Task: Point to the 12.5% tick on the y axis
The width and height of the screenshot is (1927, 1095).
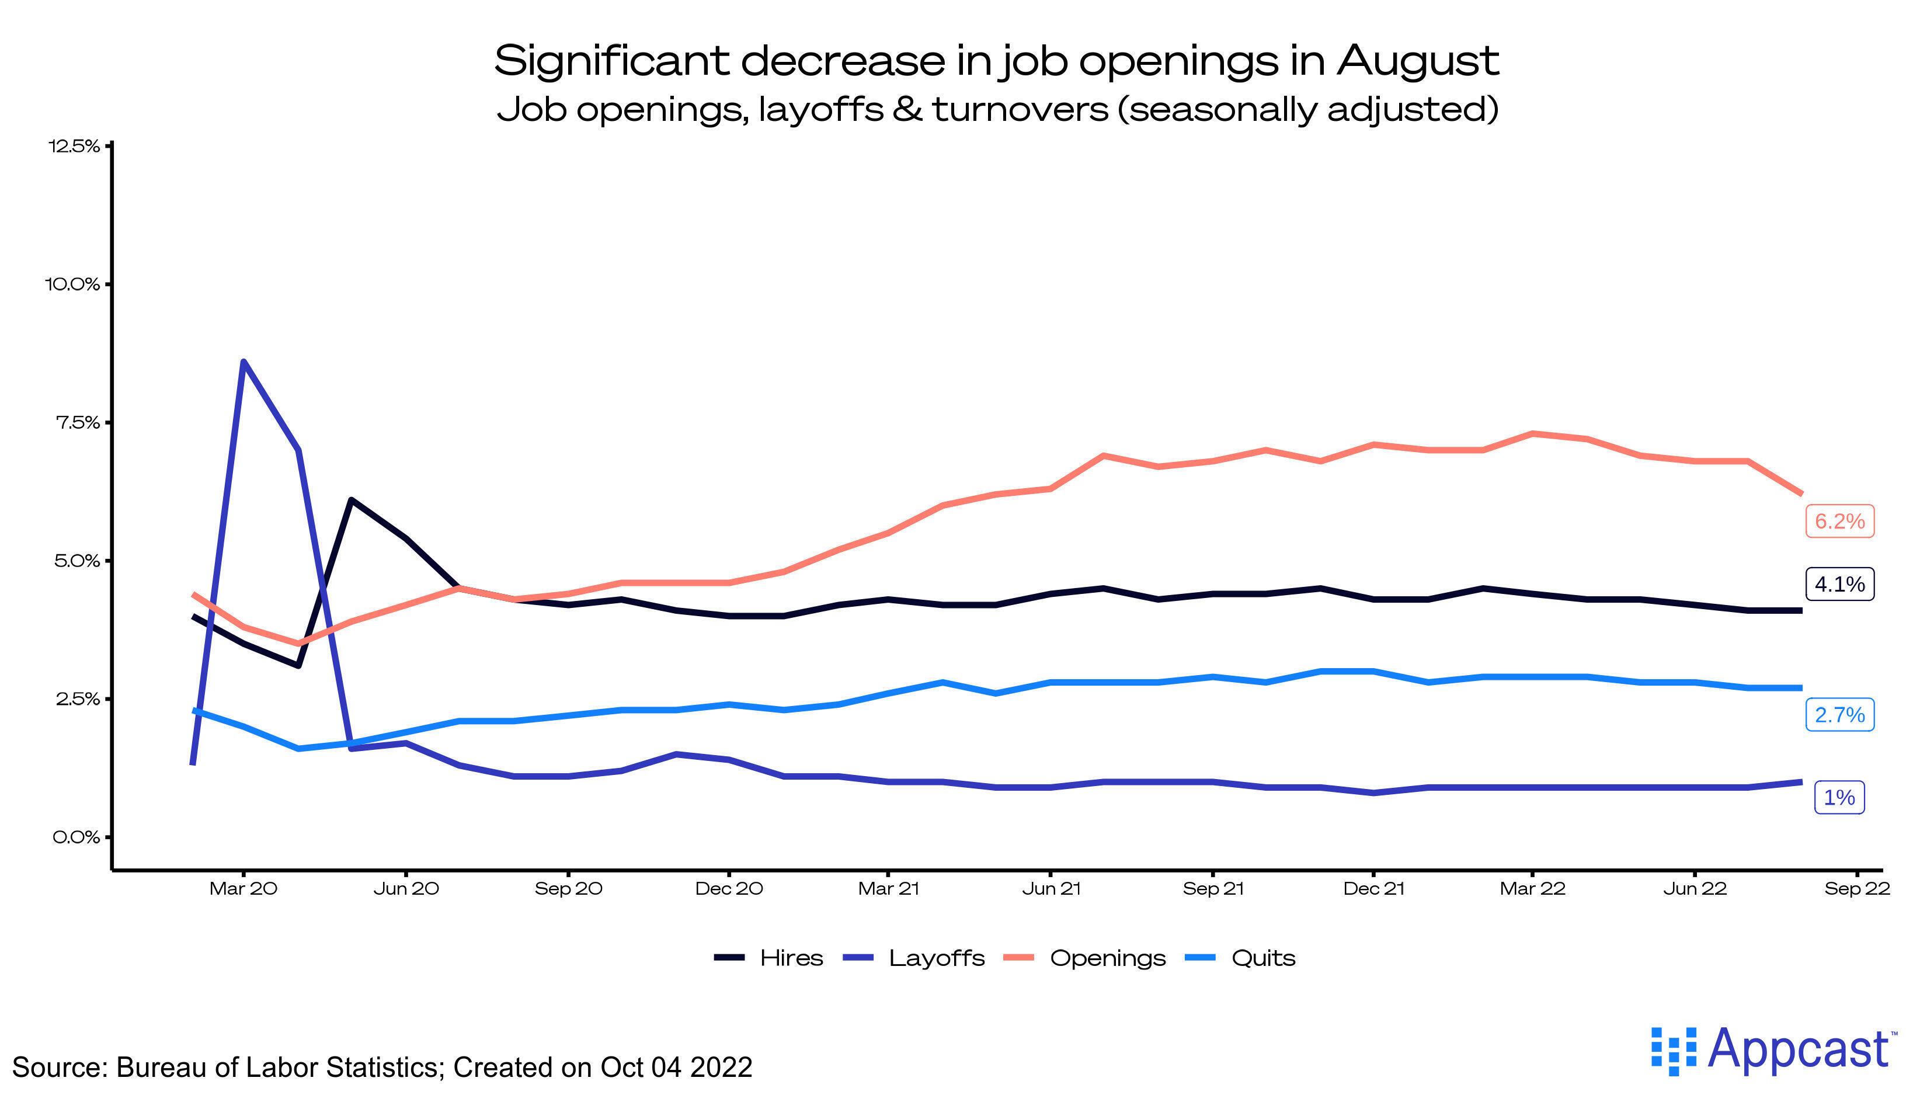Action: coord(74,146)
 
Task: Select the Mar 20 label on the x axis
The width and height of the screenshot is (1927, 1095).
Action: coord(243,889)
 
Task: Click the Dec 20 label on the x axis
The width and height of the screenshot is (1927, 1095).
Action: coord(729,889)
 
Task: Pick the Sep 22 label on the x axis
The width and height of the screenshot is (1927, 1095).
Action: coord(1856,889)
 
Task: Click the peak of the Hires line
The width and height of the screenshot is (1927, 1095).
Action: coord(351,499)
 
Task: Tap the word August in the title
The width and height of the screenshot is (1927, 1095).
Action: coord(1417,60)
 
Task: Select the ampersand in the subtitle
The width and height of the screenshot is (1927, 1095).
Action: coord(907,109)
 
